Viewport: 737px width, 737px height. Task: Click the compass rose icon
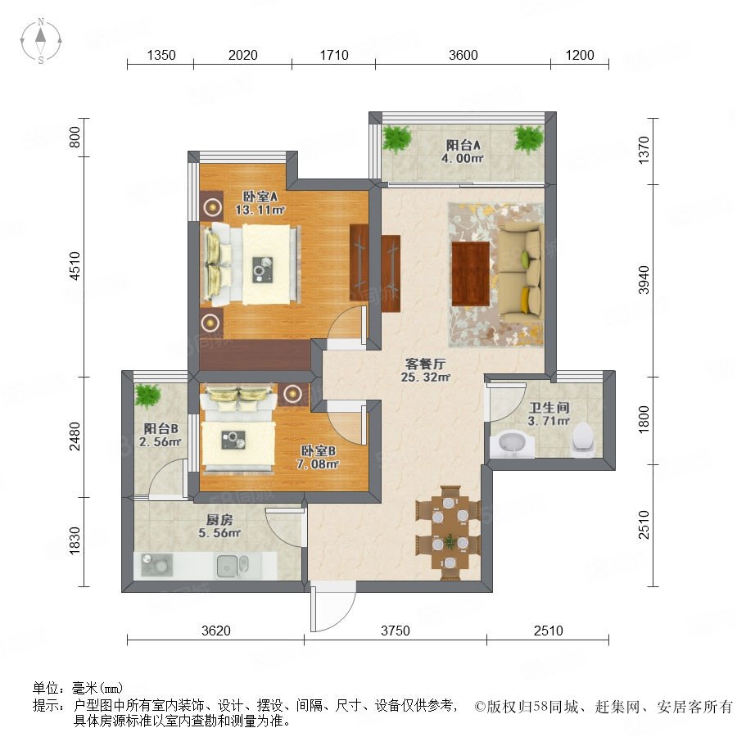click(x=41, y=41)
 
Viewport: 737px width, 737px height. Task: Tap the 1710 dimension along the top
click(x=334, y=55)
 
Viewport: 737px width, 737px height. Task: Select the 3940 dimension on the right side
click(x=644, y=280)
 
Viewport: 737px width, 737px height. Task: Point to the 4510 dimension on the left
click(x=75, y=266)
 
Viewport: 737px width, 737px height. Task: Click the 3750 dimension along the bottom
click(x=396, y=631)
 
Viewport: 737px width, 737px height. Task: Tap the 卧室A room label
click(x=260, y=197)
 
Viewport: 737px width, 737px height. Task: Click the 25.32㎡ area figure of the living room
click(x=426, y=377)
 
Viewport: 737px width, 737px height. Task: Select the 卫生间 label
click(x=549, y=408)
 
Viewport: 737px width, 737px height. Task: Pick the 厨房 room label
click(x=219, y=520)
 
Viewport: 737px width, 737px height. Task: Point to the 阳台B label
click(x=161, y=428)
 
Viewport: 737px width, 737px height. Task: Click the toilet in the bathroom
click(x=583, y=440)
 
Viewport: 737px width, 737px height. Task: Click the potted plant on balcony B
click(x=147, y=396)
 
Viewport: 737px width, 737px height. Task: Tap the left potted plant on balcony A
click(x=397, y=138)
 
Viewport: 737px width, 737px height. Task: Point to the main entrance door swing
click(x=332, y=608)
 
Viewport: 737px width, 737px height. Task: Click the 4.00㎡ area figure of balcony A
click(x=463, y=158)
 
